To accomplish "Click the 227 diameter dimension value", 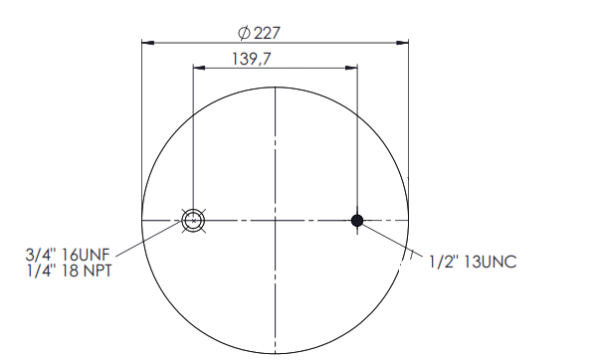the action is coord(267,33).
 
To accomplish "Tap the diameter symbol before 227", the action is coord(244,33).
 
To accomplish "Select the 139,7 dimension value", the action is coord(252,59).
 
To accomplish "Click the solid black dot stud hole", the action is coord(357,220).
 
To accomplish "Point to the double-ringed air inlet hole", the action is coord(193,220).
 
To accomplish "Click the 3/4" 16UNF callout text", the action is coord(68,255).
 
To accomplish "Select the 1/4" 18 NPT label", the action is coord(69,270).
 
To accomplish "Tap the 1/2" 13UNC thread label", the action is coord(473,262).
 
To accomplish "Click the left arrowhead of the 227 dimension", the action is coord(148,43).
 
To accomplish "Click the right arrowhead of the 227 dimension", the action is coord(402,43).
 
